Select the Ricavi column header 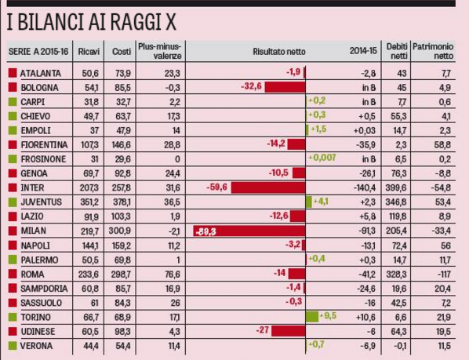click(89, 52)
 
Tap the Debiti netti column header click(397, 51)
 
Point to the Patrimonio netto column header click(433, 51)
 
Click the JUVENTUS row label click(42, 202)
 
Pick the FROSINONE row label click(43, 159)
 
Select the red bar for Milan click(249, 231)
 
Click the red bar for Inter click(268, 187)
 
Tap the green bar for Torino click(312, 317)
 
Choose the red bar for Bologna click(285, 87)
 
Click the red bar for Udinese click(289, 331)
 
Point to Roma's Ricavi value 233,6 click(89, 275)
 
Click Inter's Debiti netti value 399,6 click(396, 188)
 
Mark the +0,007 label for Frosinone click(322, 158)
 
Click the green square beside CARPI click(13, 102)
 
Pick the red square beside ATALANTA click(13, 73)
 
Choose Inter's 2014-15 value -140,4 click(365, 188)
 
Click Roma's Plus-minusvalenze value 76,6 click(173, 275)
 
